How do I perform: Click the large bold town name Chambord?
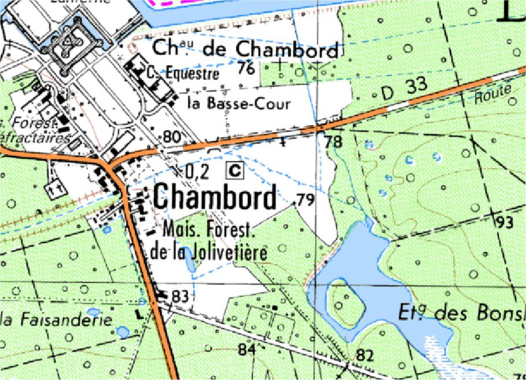[215, 199]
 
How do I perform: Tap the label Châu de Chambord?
[245, 50]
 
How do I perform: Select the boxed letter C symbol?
[235, 170]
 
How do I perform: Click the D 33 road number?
[404, 87]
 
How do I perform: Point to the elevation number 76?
[246, 69]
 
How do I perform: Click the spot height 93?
[504, 222]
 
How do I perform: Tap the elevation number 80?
[172, 137]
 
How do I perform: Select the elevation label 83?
[180, 296]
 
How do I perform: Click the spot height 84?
[246, 349]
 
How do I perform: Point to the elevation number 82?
[364, 355]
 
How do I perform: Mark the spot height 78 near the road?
[333, 141]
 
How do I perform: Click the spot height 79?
[305, 200]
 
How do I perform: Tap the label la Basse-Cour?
[238, 104]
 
